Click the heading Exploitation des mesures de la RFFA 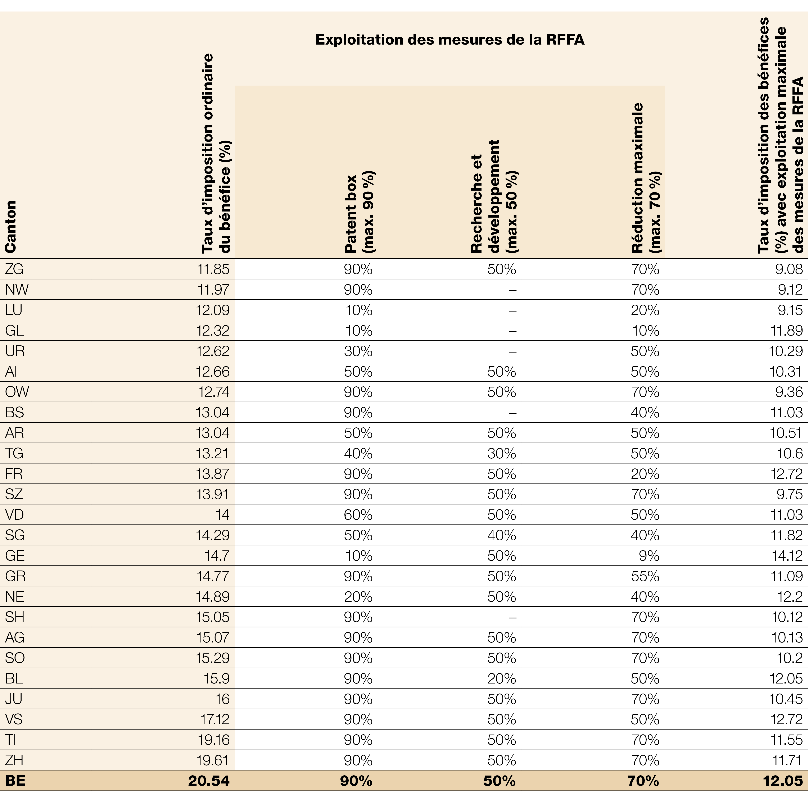[449, 40]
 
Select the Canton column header [10, 227]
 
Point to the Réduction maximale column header [646, 178]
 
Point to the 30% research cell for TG [502, 453]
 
